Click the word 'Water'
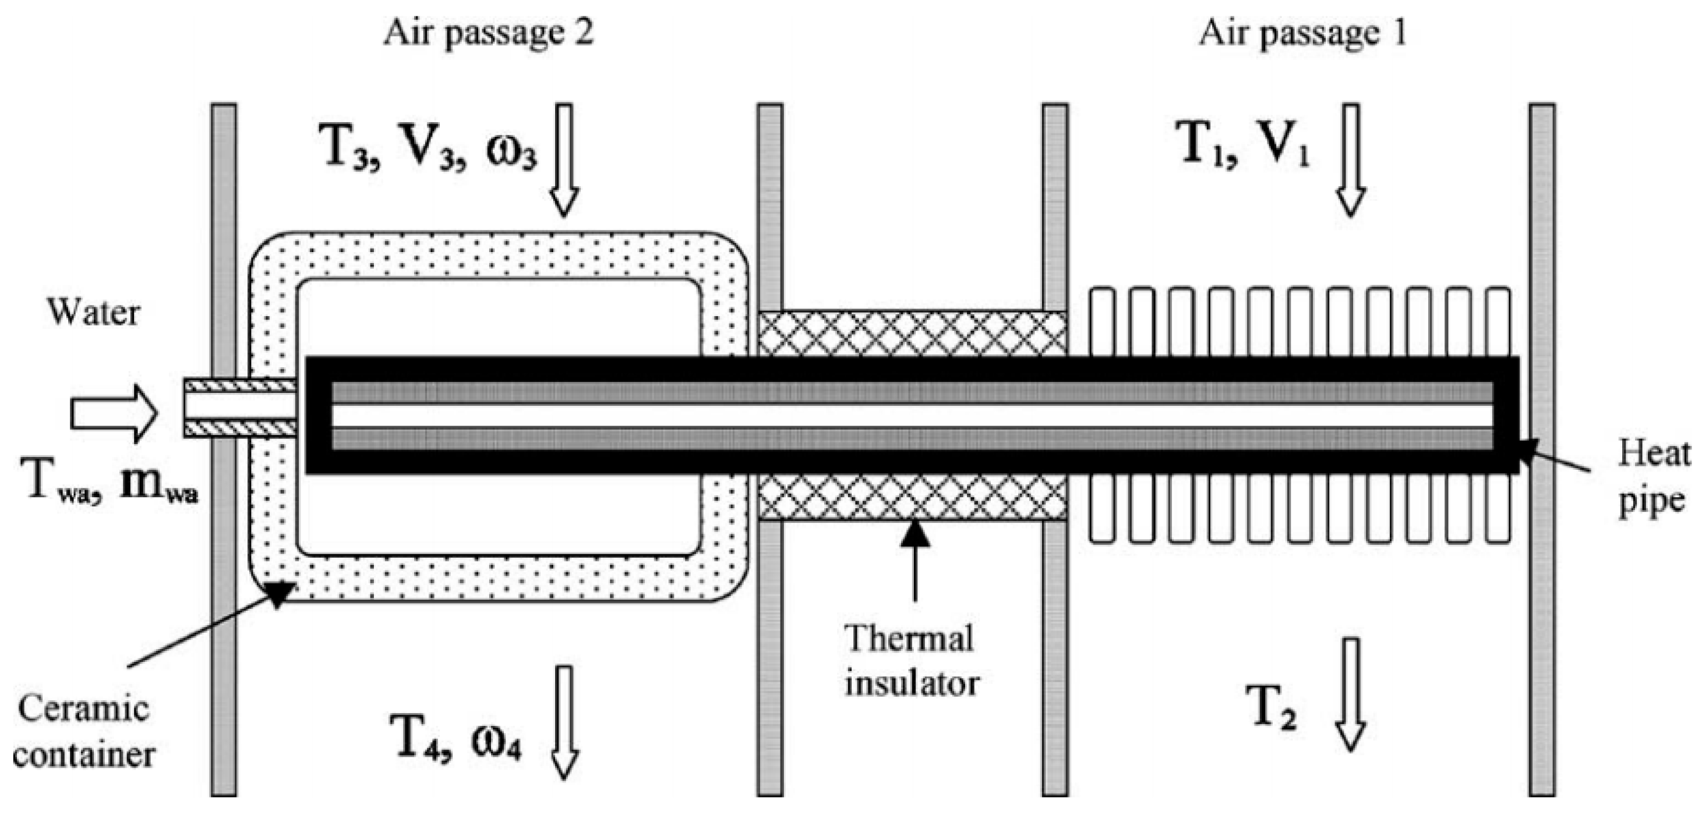point(93,313)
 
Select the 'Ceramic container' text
point(83,732)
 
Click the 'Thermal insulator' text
point(910,661)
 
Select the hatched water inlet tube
point(239,408)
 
